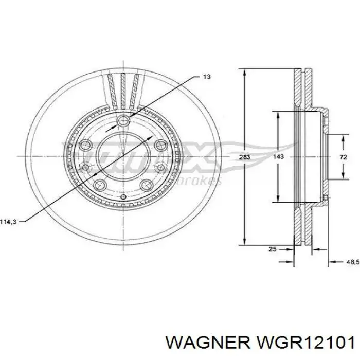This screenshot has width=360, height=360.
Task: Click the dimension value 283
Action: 244,157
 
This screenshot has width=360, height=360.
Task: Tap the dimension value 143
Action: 278,157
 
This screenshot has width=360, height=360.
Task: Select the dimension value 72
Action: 342,157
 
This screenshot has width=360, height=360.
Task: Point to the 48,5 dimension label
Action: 351,262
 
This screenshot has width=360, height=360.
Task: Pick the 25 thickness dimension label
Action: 273,249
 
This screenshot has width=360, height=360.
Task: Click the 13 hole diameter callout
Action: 206,77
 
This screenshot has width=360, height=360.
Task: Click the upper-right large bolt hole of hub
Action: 160,144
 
